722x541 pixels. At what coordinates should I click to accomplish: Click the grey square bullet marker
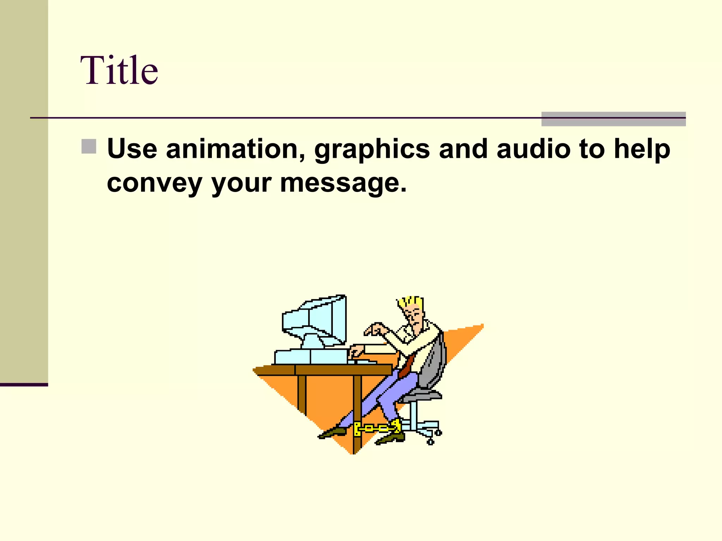pos(88,147)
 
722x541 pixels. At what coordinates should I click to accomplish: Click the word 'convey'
pos(154,183)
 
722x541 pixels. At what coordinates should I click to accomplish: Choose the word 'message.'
pos(343,183)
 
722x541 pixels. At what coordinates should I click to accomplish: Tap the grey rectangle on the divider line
pos(613,119)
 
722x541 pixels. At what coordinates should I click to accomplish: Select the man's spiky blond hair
pos(411,302)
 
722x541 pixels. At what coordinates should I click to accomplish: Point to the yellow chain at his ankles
pos(377,428)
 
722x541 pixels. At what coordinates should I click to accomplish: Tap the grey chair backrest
pos(435,363)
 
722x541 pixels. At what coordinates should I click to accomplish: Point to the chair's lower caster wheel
pos(430,442)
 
